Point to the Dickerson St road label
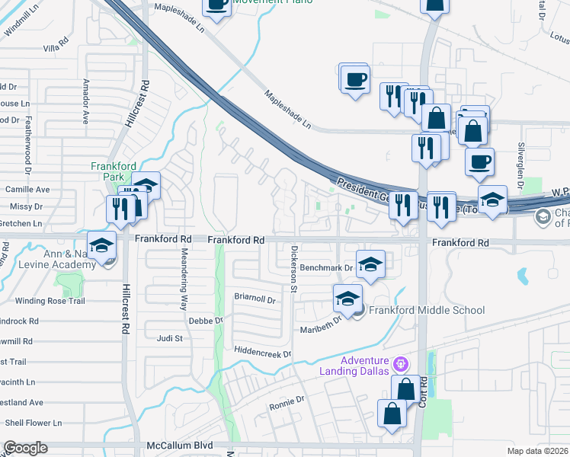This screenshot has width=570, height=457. pos(293,267)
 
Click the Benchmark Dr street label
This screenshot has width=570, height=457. pos(327,268)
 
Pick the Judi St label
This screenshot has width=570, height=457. pos(170,338)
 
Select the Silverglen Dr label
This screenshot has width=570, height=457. pos(521,174)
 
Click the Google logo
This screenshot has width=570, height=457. pos(25,448)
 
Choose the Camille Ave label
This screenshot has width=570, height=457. pos(27,189)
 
